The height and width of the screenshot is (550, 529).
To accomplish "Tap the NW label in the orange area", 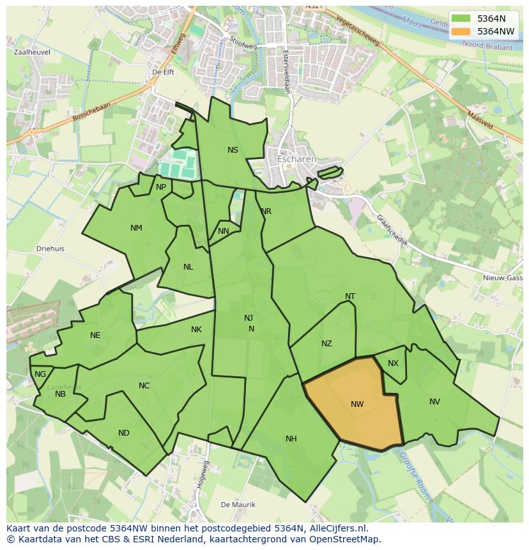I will pyautogui.click(x=357, y=404).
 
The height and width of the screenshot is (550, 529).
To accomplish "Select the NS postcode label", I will pyautogui.click(x=233, y=150).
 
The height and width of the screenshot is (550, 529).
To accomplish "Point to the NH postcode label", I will pyautogui.click(x=291, y=439).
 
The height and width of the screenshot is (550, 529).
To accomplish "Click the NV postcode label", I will pyautogui.click(x=434, y=402).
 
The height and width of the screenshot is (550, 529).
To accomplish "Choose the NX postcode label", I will pyautogui.click(x=393, y=363).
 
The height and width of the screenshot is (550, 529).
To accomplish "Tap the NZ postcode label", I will pyautogui.click(x=326, y=344).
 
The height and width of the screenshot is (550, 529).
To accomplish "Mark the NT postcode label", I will pyautogui.click(x=350, y=296).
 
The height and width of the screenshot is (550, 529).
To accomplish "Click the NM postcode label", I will pyautogui.click(x=136, y=228).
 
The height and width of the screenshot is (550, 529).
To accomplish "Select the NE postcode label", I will pyautogui.click(x=95, y=335).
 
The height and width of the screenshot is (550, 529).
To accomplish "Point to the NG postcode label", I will pyautogui.click(x=40, y=374).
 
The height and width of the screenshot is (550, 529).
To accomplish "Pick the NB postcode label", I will pyautogui.click(x=60, y=394).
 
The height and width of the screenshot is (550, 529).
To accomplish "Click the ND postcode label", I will pyautogui.click(x=124, y=433).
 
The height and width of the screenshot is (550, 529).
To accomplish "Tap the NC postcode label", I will pyautogui.click(x=144, y=386).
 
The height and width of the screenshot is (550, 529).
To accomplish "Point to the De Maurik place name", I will pyautogui.click(x=238, y=505).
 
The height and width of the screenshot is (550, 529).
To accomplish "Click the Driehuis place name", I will pyautogui.click(x=50, y=249).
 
